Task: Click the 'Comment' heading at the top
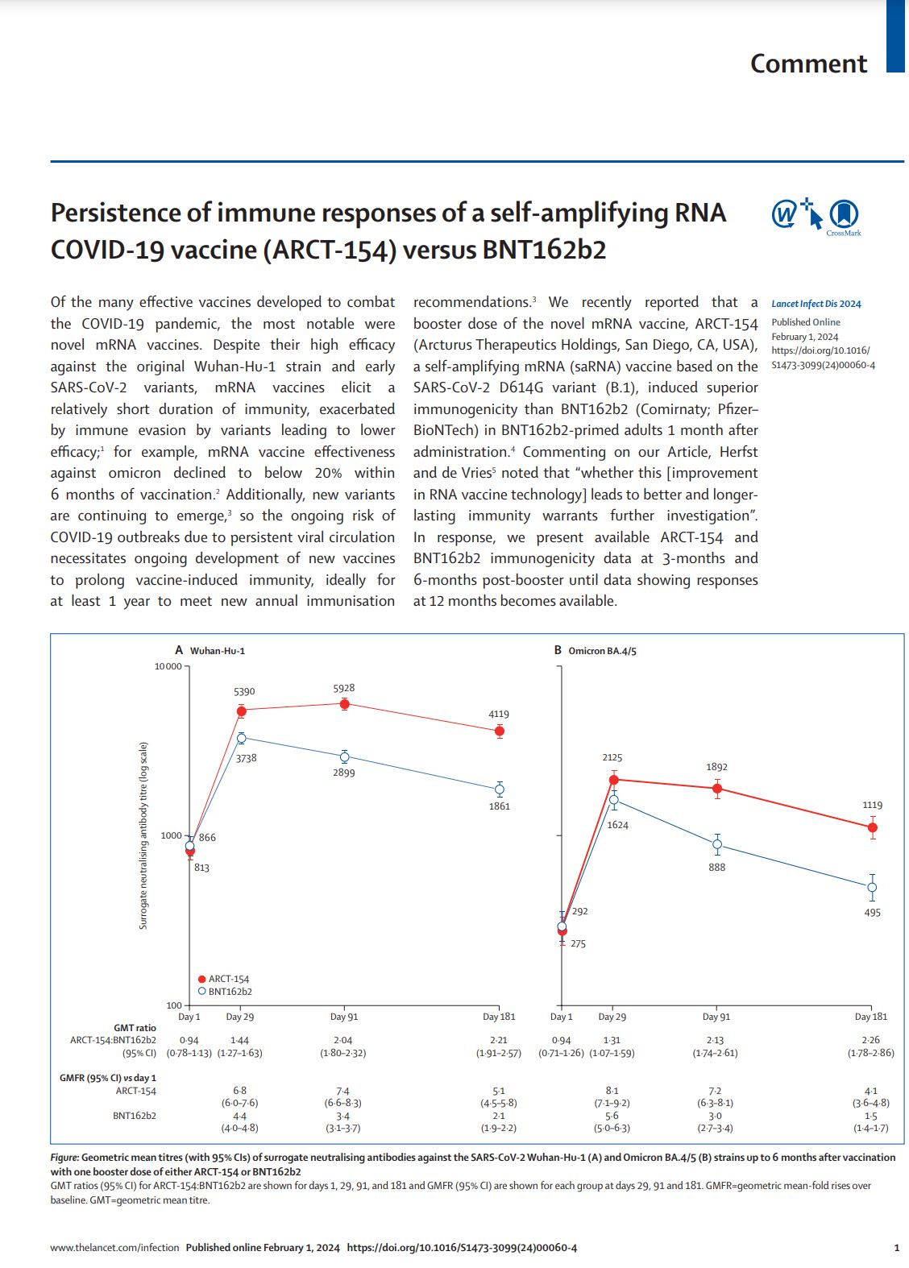tap(808, 64)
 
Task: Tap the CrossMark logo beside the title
tap(843, 216)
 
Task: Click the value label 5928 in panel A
tap(343, 688)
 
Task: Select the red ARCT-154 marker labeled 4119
tap(499, 731)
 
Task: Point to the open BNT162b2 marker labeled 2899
tap(344, 756)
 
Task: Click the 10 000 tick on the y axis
tap(168, 666)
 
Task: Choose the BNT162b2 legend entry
tap(229, 992)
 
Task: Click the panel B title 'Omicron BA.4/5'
tap(602, 651)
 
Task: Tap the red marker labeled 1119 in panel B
tap(872, 827)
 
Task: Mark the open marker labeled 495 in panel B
tap(872, 887)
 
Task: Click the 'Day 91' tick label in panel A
tap(344, 1017)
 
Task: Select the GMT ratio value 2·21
tap(499, 1040)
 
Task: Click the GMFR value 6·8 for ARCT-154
tap(239, 1091)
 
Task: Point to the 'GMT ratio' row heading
tap(135, 1028)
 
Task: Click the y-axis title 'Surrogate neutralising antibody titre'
tap(143, 835)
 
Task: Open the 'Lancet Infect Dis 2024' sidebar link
tap(816, 304)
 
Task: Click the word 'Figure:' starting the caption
tap(64, 1158)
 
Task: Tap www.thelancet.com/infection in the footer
tap(114, 1248)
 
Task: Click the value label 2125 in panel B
tap(612, 757)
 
